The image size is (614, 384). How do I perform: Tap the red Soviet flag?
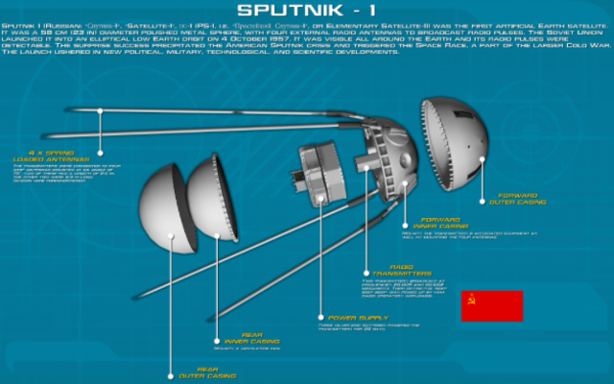tap(490, 305)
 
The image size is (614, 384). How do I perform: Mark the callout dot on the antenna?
tap(101, 111)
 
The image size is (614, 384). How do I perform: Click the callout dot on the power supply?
tap(320, 316)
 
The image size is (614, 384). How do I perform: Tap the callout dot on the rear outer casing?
tap(171, 376)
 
